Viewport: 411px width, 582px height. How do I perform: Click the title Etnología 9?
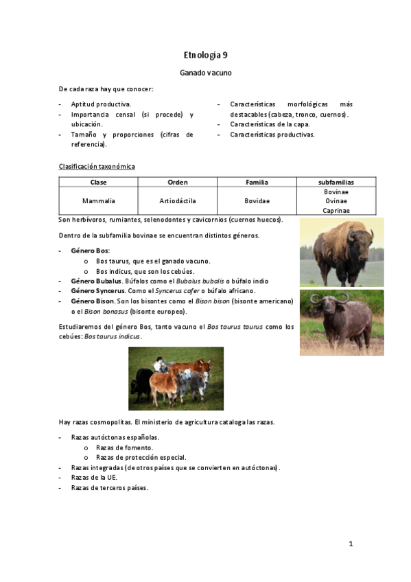205,54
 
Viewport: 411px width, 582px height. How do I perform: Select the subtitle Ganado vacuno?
205,72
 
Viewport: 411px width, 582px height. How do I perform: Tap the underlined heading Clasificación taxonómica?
97,167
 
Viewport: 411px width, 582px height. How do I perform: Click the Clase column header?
98,182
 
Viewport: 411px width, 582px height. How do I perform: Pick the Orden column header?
177,182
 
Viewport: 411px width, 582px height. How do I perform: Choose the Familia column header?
257,182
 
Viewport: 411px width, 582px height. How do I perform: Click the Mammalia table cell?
98,201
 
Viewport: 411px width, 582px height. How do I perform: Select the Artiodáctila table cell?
177,201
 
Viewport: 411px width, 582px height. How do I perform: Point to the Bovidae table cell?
257,201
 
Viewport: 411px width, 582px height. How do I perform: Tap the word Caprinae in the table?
336,211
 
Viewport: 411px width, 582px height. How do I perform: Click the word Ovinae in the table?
336,201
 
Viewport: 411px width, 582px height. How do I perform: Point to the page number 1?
350,544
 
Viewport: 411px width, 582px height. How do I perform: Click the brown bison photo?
342,253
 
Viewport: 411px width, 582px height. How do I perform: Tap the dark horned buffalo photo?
342,323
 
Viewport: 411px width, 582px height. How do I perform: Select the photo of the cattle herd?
176,378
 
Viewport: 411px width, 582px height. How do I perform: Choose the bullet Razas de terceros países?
109,488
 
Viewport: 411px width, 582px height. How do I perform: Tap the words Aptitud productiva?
100,104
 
